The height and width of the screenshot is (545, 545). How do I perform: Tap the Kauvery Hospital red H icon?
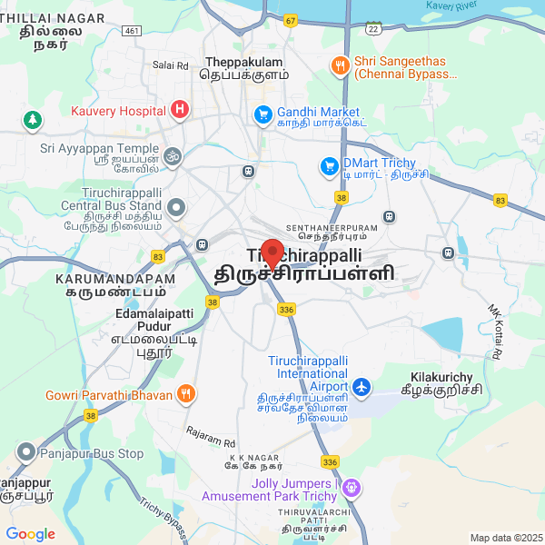point(180,111)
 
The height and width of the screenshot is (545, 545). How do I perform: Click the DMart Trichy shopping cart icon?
point(329,166)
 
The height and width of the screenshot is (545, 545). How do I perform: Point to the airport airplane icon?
point(362,388)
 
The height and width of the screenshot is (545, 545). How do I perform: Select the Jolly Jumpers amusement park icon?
point(352,489)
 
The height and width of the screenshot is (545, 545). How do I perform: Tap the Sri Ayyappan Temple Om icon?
point(173,156)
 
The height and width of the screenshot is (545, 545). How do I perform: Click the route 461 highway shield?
point(133,31)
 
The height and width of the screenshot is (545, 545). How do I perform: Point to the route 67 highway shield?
point(290,19)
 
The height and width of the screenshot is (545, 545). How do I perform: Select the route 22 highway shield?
point(372,28)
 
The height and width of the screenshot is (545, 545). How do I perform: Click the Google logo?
point(30,534)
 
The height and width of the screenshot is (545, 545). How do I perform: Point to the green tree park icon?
point(33,119)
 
